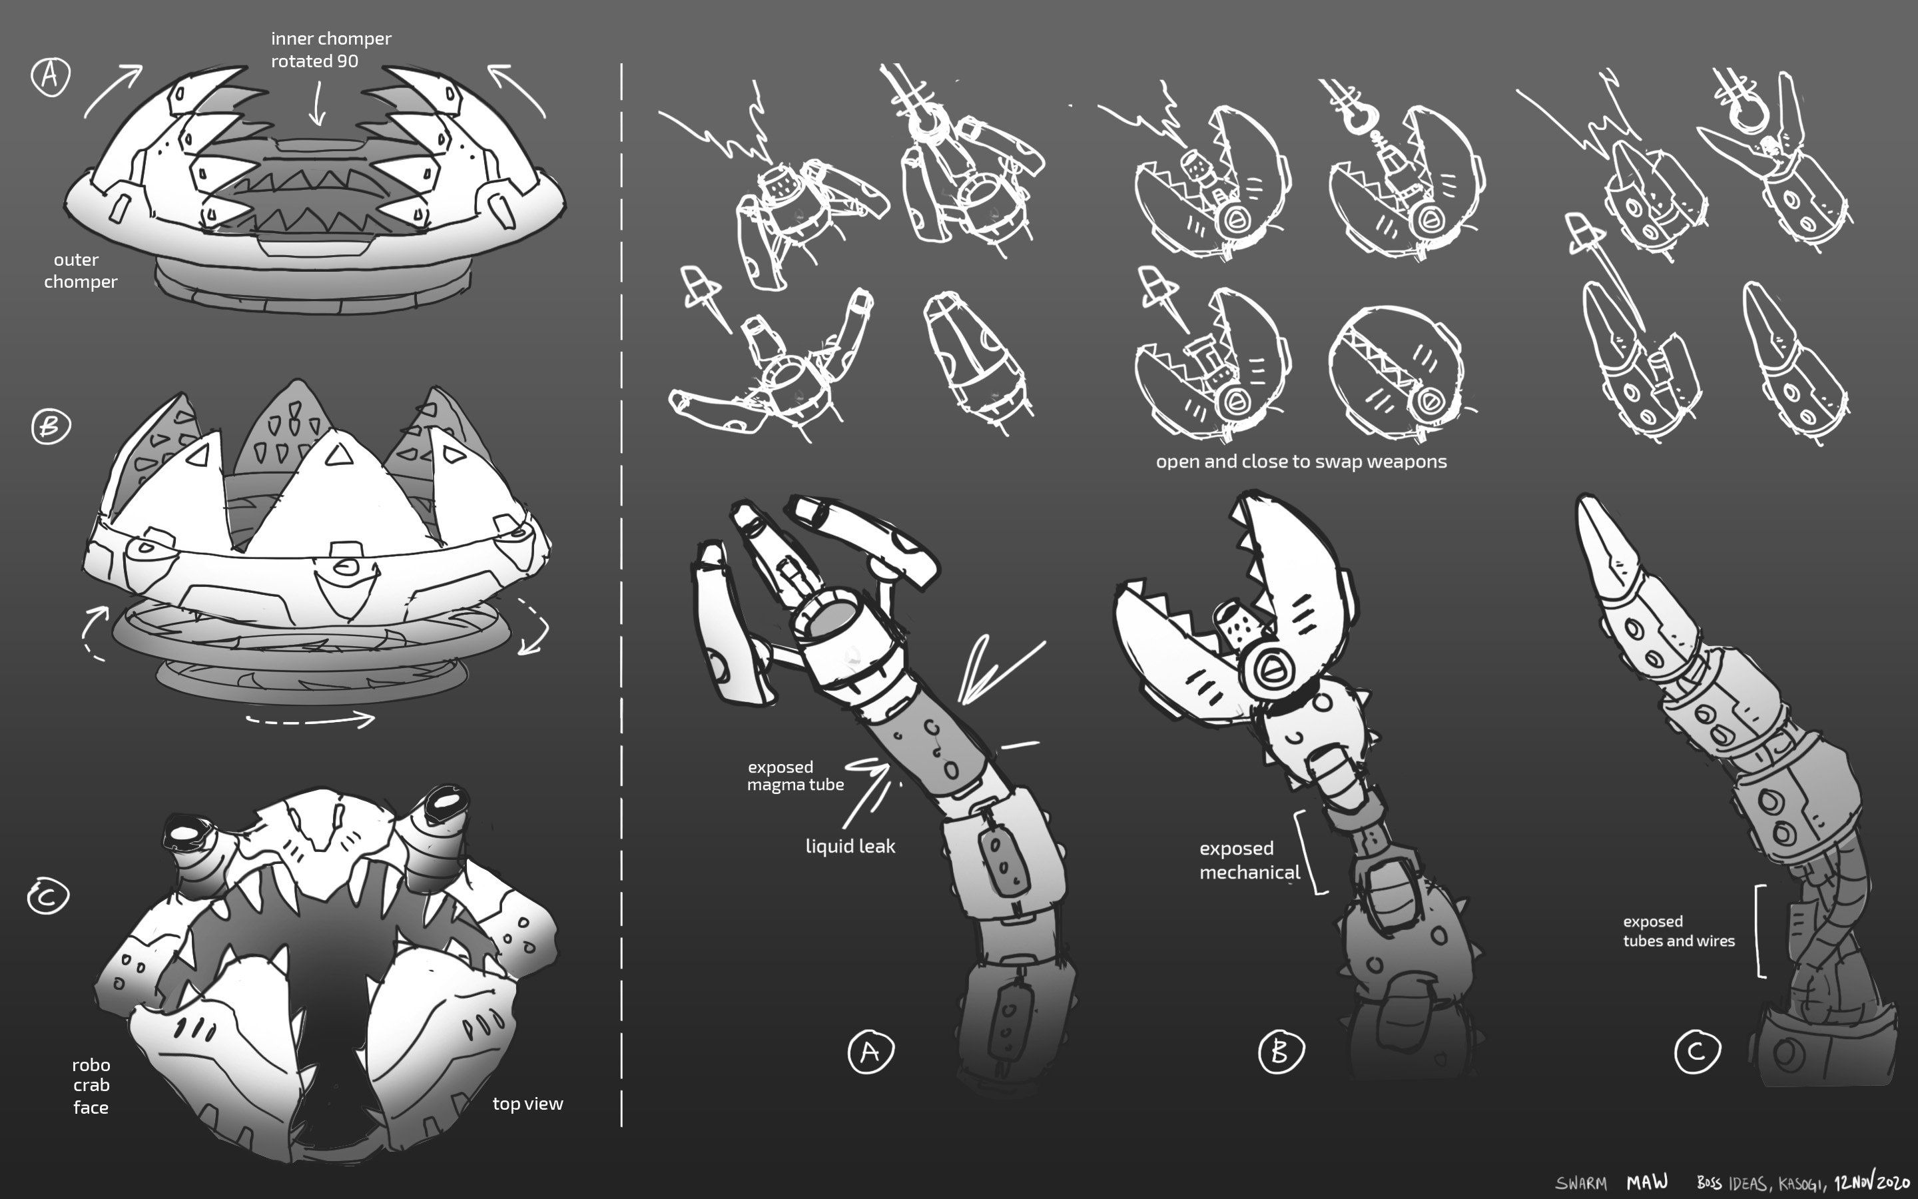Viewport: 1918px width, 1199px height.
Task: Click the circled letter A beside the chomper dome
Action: [51, 76]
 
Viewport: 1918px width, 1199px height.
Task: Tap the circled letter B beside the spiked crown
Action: [51, 426]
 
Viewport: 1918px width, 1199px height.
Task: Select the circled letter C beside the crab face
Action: [49, 897]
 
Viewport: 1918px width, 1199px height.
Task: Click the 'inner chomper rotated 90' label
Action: [330, 49]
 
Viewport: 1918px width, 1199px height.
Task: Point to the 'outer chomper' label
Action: [80, 270]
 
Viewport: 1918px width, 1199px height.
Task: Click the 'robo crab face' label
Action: [91, 1086]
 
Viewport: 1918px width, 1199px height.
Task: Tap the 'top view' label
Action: [528, 1103]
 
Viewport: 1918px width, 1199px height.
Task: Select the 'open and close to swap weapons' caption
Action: [1301, 462]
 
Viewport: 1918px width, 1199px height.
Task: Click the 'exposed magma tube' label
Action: [795, 775]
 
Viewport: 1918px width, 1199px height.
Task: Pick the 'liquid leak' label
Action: [850, 846]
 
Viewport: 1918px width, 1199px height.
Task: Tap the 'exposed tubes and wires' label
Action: [1678, 931]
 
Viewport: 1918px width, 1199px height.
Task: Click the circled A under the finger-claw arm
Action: [871, 1052]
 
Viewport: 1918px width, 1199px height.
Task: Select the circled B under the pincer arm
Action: [1281, 1052]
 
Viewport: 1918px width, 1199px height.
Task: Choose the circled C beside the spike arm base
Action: [1697, 1052]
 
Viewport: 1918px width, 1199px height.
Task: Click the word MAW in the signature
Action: [1647, 1182]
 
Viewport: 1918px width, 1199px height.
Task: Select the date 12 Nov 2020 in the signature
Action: [1872, 1181]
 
